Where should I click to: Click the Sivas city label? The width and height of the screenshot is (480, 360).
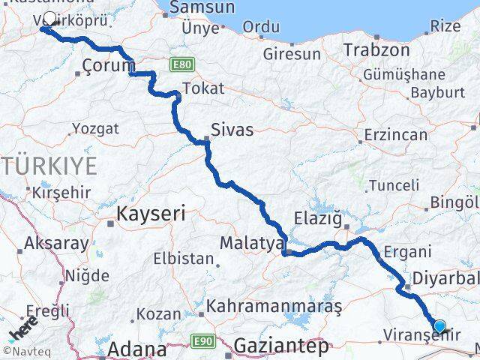(232, 130)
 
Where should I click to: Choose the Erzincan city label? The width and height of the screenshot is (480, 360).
(395, 135)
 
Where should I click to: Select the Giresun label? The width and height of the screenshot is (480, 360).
(292, 54)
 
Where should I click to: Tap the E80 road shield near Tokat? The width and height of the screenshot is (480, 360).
(180, 64)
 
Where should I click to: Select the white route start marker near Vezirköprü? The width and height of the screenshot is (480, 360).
(50, 18)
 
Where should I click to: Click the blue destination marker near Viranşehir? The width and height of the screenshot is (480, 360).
(439, 326)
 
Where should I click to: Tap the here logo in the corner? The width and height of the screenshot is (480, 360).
(22, 330)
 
